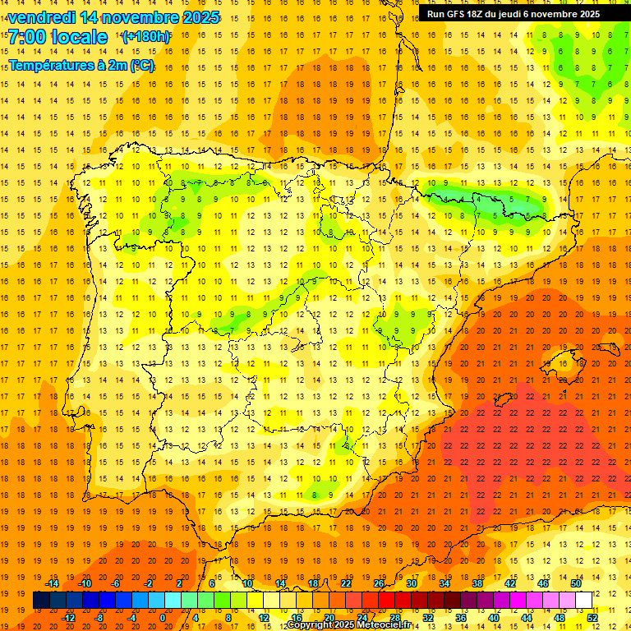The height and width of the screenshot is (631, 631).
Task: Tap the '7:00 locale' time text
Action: pos(58,37)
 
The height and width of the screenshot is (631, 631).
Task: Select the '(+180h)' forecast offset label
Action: pos(146,37)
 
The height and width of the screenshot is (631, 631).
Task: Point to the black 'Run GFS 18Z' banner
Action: pos(514,14)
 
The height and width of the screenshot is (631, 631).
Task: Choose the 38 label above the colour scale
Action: pos(477,583)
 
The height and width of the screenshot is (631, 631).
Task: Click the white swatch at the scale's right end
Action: pos(584,601)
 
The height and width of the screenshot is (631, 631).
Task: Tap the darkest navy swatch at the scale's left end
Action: pos(42,601)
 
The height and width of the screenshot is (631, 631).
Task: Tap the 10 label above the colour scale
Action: pos(247,583)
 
